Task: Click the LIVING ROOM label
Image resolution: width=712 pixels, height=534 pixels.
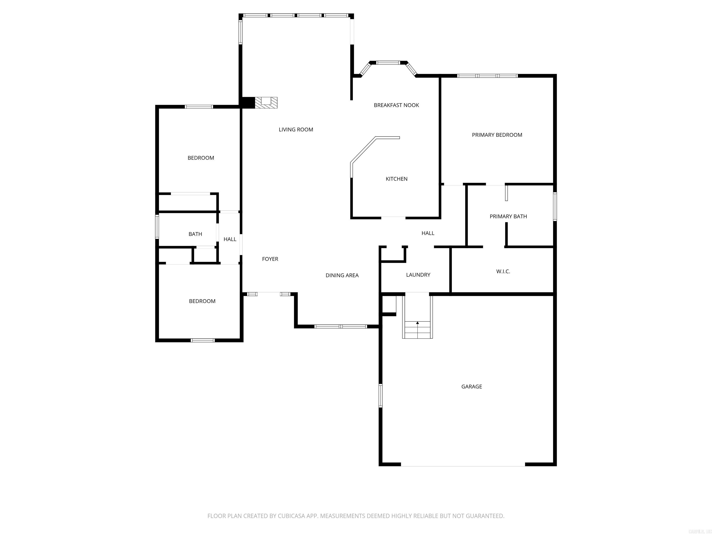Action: click(296, 129)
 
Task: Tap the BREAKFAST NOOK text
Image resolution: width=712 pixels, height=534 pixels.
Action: click(396, 105)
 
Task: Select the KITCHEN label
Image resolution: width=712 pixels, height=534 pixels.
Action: click(396, 179)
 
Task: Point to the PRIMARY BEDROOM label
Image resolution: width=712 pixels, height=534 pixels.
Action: click(497, 135)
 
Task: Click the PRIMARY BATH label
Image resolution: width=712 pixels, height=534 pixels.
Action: click(508, 216)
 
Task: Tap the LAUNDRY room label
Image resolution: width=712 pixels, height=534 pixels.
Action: click(418, 275)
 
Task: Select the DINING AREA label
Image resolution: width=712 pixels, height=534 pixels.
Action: click(342, 275)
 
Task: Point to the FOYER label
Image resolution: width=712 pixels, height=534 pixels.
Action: click(270, 259)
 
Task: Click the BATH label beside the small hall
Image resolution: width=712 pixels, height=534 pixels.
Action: click(195, 234)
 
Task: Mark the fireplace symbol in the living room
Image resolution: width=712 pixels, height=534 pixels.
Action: click(266, 103)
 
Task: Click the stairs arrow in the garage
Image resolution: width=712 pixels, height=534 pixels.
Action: click(417, 323)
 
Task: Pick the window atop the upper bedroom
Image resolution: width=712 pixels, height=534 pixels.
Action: click(199, 107)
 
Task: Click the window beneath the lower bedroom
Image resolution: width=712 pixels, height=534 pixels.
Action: click(203, 340)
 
